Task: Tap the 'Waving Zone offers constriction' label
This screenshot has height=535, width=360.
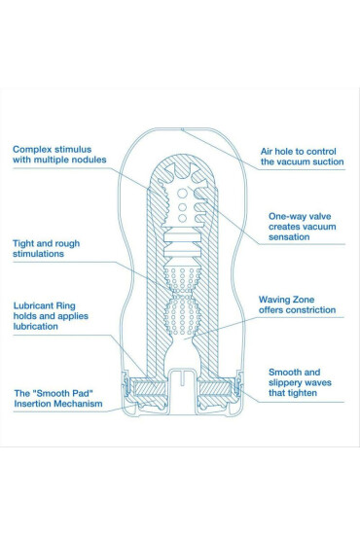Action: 297,304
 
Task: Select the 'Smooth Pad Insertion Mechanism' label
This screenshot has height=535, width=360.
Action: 56,397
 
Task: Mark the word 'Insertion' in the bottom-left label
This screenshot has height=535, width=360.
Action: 35,404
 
